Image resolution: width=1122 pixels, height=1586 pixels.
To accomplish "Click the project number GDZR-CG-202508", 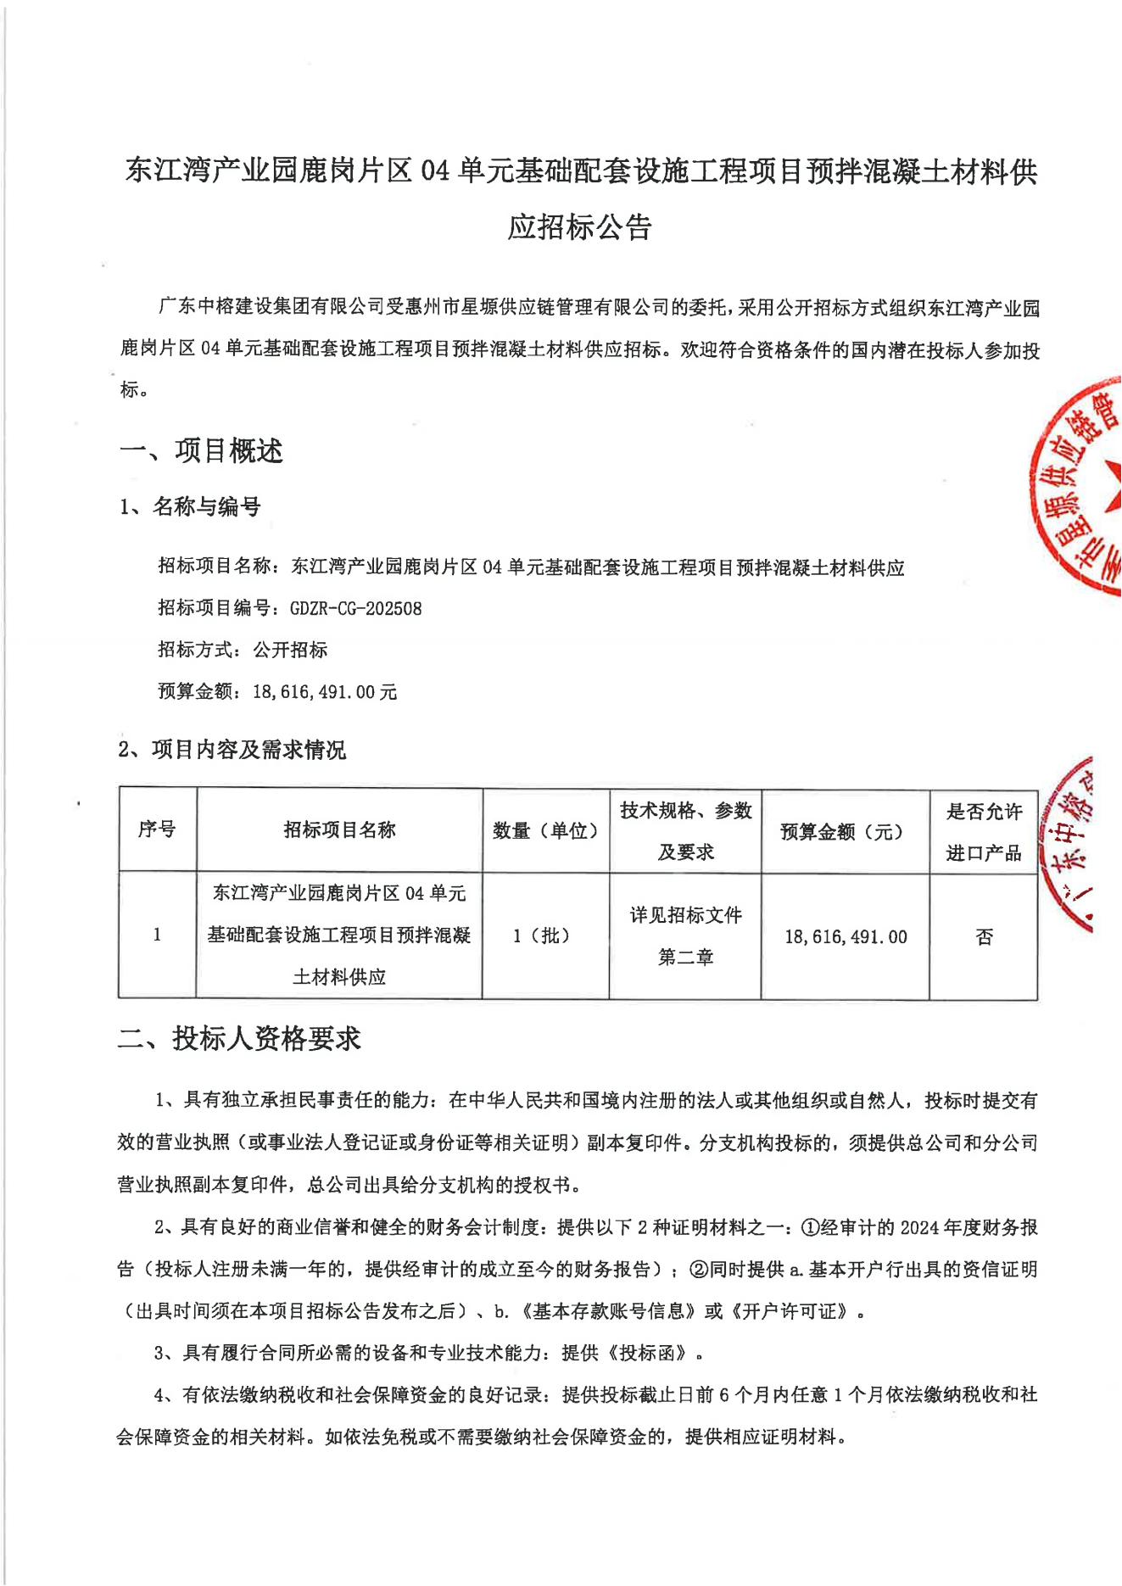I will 355,608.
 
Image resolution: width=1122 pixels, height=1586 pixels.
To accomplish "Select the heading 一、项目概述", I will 201,451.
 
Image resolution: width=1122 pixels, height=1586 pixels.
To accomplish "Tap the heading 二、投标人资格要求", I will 239,1038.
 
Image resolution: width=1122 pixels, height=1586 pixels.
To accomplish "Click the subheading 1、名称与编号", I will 190,507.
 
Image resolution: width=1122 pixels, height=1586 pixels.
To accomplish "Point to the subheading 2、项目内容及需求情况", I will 232,750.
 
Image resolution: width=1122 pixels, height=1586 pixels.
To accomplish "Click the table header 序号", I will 157,829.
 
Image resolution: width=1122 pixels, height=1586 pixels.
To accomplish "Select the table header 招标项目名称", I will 339,829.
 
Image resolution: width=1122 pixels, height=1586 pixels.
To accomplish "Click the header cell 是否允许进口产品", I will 984,832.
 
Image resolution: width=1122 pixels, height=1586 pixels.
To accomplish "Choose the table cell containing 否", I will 984,936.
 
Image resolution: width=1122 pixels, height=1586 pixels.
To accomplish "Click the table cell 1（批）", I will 542,935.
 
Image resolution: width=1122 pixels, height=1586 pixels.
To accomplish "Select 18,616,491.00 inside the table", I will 846,937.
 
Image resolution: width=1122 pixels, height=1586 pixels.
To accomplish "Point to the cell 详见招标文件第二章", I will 685,935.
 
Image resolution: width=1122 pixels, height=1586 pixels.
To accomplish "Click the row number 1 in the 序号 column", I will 157,935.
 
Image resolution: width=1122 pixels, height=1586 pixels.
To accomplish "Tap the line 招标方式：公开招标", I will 243,650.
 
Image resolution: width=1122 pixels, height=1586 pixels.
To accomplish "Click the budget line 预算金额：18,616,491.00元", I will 277,691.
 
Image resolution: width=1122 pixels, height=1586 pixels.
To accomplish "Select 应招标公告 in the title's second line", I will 579,227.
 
